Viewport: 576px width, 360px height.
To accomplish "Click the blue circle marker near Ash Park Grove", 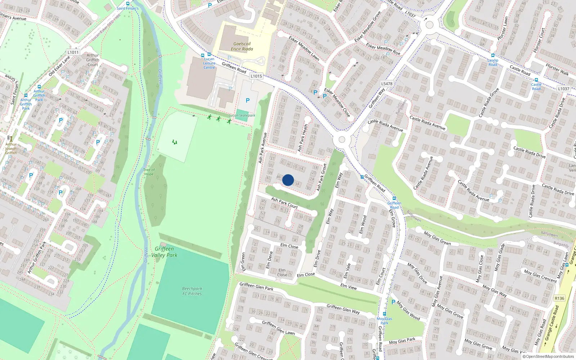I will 288,180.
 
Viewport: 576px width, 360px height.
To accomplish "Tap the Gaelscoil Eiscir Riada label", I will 242,46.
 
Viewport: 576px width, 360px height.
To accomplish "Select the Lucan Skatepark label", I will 242,116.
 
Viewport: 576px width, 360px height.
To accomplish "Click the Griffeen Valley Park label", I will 164,252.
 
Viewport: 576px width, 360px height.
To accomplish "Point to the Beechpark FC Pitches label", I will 192,291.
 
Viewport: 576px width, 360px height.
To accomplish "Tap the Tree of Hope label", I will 149,172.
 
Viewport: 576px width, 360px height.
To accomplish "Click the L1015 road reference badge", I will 256,76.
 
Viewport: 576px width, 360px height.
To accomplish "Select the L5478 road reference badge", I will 387,84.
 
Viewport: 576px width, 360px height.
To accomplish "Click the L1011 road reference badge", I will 73,52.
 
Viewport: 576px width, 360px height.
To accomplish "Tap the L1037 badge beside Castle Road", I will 564,89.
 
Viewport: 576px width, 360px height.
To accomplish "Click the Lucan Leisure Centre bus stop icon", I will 209,54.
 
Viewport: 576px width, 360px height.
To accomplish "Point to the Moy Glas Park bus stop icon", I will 384,314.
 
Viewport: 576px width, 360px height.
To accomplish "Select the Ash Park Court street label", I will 284,203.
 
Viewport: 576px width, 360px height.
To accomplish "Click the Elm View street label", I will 348,287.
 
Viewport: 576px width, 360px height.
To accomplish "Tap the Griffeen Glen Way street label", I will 343,309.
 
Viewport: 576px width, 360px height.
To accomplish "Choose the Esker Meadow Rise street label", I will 383,50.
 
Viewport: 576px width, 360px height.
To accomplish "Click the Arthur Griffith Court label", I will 93,60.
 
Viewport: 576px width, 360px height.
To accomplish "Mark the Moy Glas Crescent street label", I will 540,276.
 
